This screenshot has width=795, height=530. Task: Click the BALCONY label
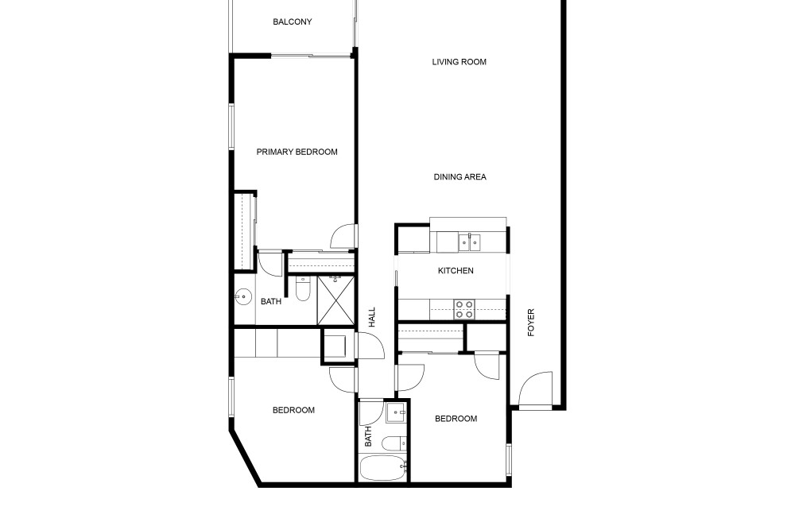pos(292,21)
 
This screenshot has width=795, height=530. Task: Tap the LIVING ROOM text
pos(459,62)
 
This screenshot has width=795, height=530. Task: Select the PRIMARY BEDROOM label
pos(297,152)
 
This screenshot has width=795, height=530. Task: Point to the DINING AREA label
pos(460,177)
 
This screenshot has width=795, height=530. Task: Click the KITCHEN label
pos(456,271)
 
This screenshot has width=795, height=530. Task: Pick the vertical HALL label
pos(372,317)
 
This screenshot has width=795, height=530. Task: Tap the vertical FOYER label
pos(531,323)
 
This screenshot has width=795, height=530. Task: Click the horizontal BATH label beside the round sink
pos(271,301)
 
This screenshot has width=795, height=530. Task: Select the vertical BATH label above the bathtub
pos(368,436)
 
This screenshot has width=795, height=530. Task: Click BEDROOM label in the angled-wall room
pos(293,410)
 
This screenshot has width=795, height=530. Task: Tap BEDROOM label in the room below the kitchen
pos(456,419)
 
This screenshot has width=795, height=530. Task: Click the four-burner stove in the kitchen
pos(464,309)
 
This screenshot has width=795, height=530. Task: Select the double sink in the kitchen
pos(469,242)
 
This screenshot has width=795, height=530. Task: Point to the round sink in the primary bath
pos(243,296)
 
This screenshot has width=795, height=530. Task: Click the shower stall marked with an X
pos(335,300)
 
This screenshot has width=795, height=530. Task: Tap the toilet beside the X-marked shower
pos(303,288)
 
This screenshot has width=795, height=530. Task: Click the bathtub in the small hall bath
pos(383,468)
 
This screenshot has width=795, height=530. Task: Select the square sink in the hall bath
pos(396,413)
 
